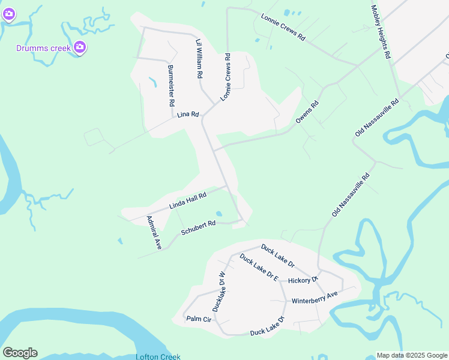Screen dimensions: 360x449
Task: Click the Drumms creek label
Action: [44, 47]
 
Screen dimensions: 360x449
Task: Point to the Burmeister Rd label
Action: [171, 86]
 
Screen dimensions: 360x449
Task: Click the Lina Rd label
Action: [188, 114]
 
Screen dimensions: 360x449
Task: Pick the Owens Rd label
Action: [307, 112]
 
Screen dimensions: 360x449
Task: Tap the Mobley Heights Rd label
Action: [381, 32]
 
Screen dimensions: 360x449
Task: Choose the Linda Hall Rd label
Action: [188, 200]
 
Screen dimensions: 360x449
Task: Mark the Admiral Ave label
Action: [154, 233]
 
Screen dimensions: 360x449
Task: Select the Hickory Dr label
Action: [303, 280]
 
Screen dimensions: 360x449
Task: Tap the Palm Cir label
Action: [199, 319]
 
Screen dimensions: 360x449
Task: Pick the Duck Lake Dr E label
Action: [259, 268]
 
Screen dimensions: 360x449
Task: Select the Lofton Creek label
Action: [158, 356]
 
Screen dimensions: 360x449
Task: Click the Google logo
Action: [20, 353]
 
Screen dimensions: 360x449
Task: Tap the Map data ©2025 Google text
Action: [412, 355]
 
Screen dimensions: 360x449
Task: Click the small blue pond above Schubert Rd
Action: [218, 214]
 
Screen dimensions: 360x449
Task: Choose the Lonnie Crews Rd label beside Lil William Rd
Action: [226, 77]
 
